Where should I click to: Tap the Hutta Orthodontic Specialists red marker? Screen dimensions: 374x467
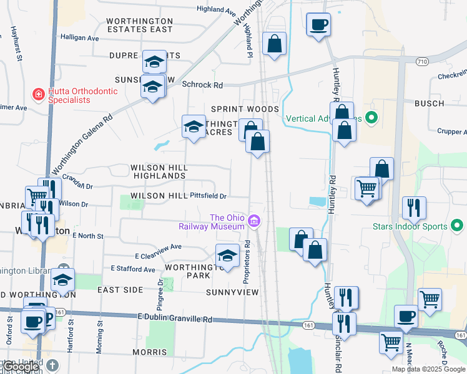pos(38,95)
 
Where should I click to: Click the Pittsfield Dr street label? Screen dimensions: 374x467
pos(208,196)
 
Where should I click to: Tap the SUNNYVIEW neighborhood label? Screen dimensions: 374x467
pos(232,292)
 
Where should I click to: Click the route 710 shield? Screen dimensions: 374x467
pos(423,61)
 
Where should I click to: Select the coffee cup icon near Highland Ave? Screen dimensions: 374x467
pos(318,25)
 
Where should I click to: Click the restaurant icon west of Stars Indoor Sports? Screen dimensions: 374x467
pos(414,208)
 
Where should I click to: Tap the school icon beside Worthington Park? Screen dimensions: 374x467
pos(227,256)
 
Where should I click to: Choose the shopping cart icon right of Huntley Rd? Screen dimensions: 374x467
pos(366,188)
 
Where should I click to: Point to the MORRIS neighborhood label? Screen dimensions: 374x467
pos(149,352)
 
